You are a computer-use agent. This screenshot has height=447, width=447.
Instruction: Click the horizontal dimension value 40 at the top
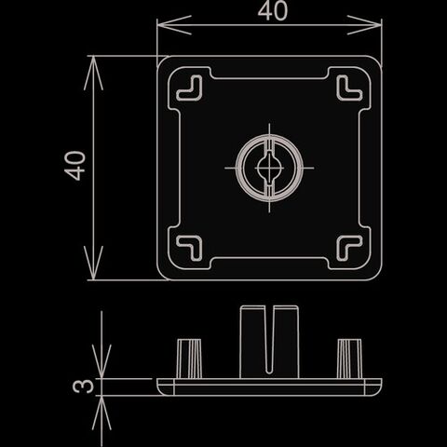(273, 11)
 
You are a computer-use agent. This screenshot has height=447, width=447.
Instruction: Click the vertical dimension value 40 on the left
(74, 166)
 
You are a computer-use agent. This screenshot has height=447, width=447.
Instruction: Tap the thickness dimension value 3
(83, 386)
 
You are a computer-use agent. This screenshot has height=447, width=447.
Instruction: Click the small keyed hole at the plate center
(269, 168)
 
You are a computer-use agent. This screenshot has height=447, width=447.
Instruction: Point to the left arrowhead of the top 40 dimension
(174, 25)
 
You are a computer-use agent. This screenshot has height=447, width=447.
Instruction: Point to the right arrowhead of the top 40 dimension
(364, 25)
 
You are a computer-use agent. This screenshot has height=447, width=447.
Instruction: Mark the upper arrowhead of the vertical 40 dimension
(93, 74)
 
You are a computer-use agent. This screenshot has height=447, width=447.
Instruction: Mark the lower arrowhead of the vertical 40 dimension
(93, 264)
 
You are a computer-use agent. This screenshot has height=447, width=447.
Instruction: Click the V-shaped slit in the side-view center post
(269, 339)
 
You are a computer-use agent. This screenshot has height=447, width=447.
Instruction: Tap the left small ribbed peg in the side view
(189, 359)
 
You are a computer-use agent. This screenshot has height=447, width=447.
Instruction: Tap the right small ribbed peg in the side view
(349, 359)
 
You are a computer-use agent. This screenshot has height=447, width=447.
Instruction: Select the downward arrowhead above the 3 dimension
(102, 361)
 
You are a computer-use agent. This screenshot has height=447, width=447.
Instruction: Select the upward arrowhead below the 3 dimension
(102, 413)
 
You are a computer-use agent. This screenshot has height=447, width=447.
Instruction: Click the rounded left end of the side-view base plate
(166, 387)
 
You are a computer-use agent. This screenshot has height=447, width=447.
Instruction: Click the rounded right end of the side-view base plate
(373, 387)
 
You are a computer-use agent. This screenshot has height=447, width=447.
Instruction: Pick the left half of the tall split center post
(253, 342)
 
